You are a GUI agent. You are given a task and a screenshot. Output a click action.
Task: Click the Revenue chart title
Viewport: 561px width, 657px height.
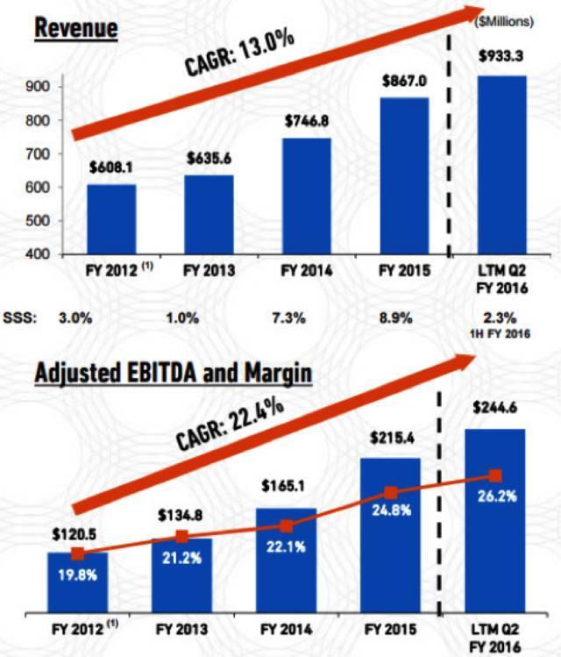tap(75, 28)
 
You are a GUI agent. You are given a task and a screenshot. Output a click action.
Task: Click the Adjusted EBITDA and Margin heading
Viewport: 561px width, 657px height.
tap(173, 374)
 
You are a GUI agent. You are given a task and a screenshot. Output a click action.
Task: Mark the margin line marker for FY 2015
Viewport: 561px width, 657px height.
tap(391, 493)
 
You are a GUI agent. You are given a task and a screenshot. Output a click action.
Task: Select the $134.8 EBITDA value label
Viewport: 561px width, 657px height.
tap(181, 514)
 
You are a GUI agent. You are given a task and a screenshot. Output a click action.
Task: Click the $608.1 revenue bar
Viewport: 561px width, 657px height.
tap(110, 218)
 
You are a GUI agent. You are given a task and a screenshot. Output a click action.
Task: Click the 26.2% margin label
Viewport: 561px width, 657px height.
tap(497, 496)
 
